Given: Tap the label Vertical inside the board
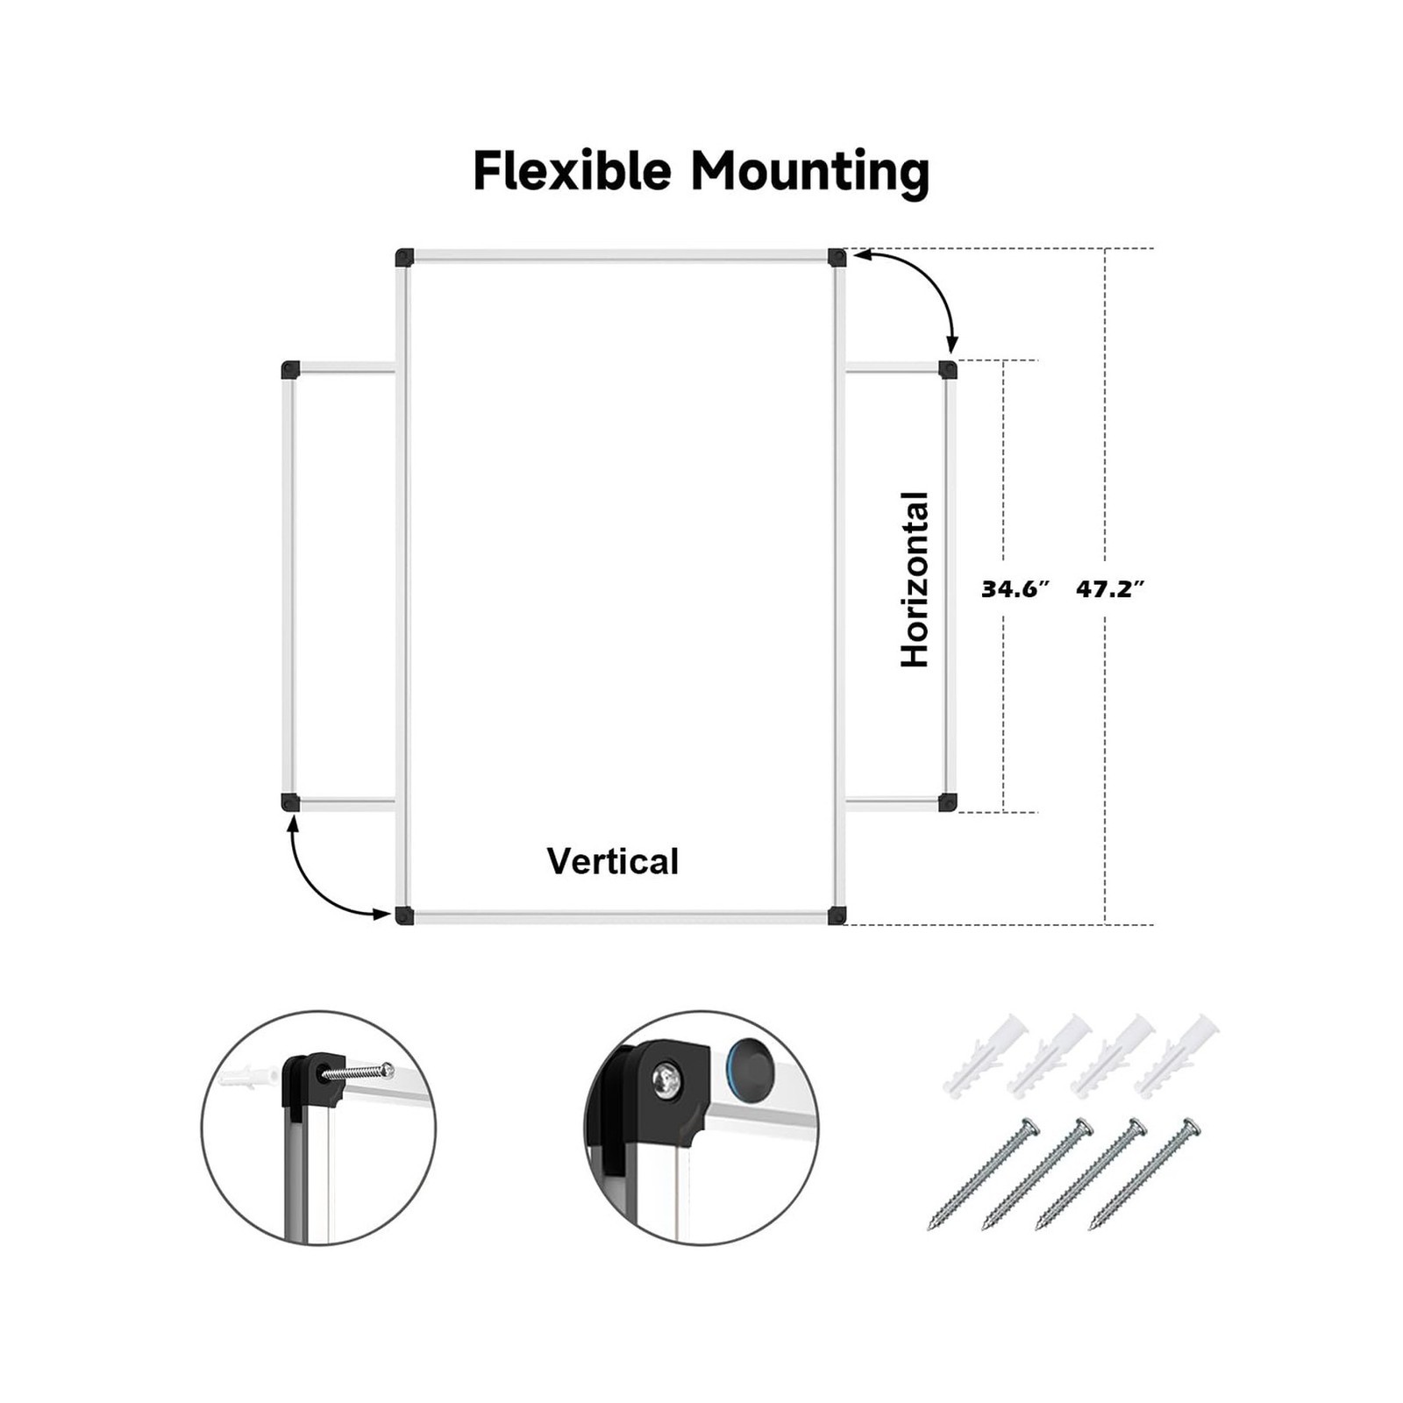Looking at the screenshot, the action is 613,861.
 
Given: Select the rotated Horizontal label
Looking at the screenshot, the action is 915,580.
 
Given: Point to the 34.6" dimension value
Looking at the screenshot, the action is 1015,589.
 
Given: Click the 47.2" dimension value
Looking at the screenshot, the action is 1111,589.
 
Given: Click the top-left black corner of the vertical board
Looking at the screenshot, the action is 404,258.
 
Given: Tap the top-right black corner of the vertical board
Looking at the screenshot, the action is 837,258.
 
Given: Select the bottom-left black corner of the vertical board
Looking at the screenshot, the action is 404,915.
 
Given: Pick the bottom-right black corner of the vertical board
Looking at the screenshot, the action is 837,915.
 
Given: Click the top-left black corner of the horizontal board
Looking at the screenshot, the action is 291,369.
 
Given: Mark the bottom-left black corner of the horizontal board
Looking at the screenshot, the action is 291,802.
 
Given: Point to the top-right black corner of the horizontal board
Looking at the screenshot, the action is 948,369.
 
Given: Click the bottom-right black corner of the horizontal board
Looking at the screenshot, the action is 948,802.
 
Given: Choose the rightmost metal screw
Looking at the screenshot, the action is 1145,1174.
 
